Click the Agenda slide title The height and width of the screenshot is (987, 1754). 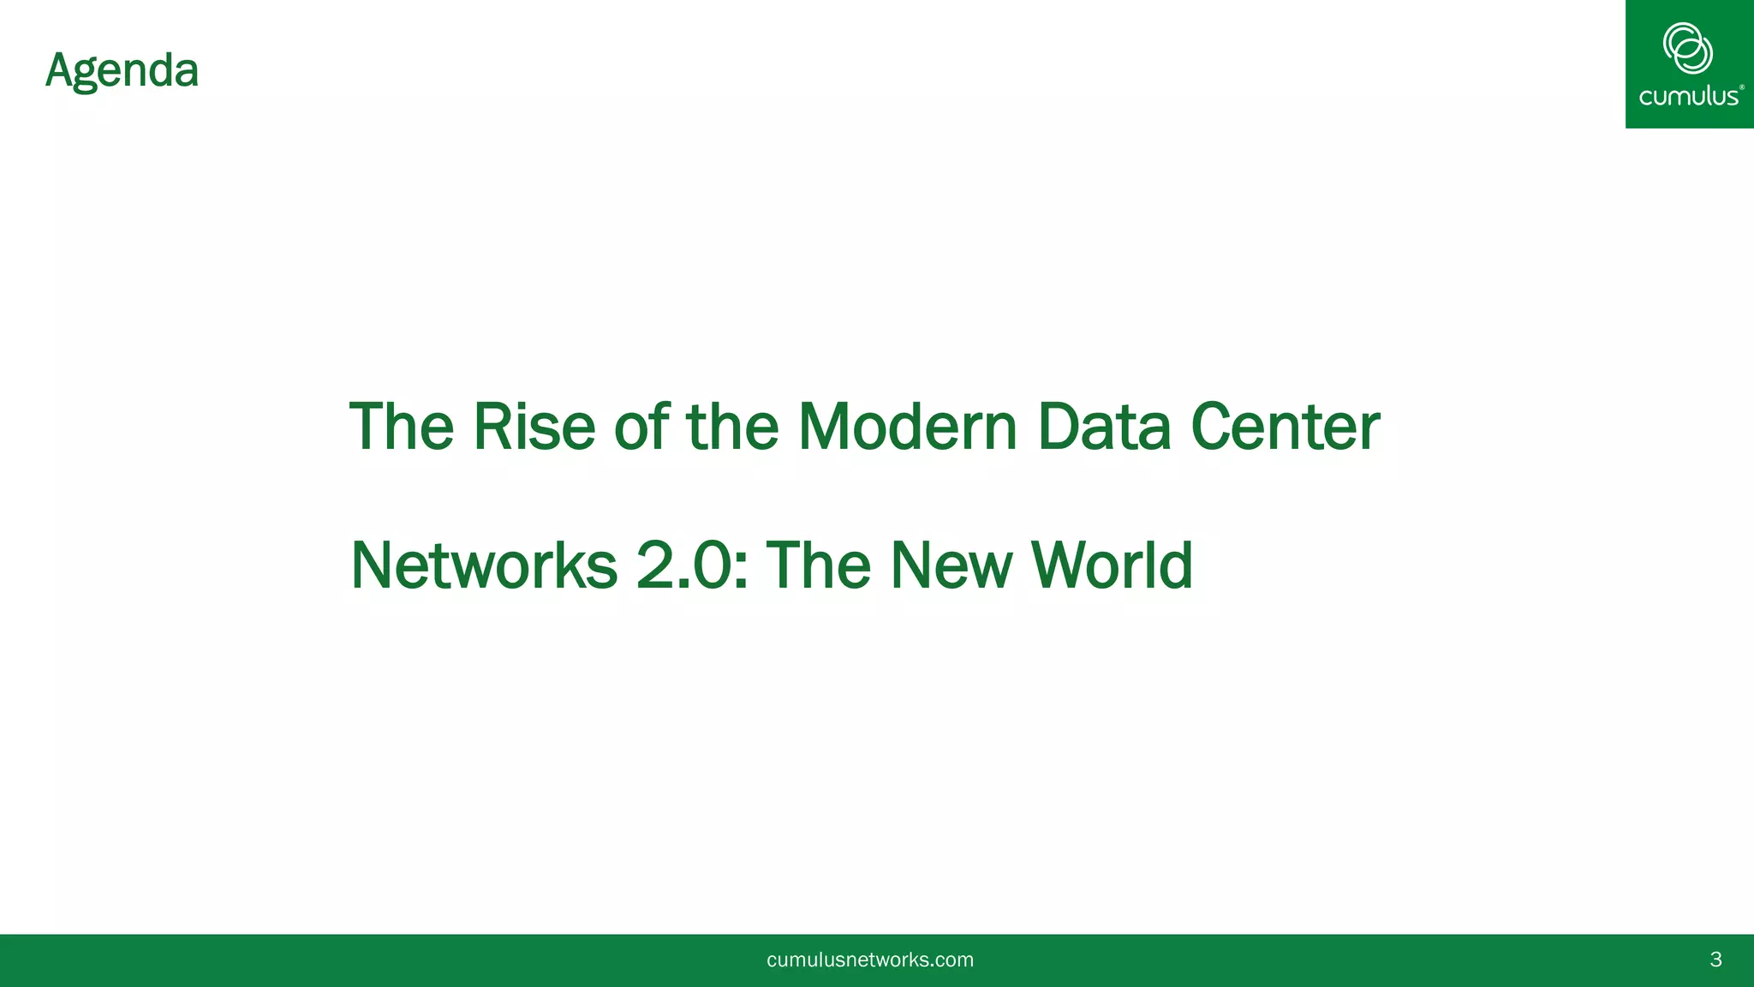tap(122, 71)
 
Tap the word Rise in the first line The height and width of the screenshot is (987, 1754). tap(534, 427)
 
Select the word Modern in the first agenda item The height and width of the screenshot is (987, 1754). tap(907, 427)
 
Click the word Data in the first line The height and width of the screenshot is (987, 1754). tap(1103, 427)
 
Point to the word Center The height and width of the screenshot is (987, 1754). tap(1285, 427)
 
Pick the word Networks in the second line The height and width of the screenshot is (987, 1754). tap(484, 565)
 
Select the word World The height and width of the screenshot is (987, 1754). tap(1112, 565)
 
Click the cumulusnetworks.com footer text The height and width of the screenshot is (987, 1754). tap(870, 960)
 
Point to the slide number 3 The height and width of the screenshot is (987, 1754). tap(1715, 960)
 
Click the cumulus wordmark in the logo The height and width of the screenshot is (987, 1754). tap(1688, 96)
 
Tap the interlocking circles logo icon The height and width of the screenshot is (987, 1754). tap(1687, 48)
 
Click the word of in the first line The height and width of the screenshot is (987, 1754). tap(641, 427)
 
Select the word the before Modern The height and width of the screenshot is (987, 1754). tap(732, 427)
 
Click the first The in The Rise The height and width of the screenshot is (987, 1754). tap(401, 427)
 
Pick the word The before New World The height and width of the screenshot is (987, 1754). tap(818, 565)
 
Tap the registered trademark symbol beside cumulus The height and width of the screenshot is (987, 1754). tap(1742, 87)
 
